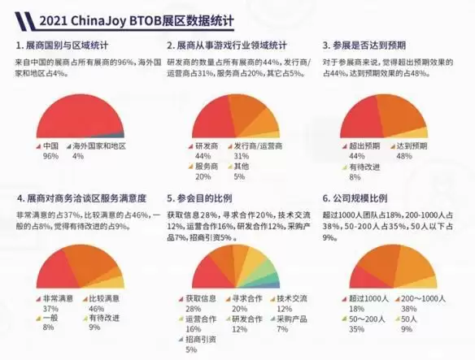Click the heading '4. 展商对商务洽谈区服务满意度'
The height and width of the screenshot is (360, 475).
click(81, 198)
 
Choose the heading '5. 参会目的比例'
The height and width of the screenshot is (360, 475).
click(203, 198)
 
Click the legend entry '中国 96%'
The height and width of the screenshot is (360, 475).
click(50, 150)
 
